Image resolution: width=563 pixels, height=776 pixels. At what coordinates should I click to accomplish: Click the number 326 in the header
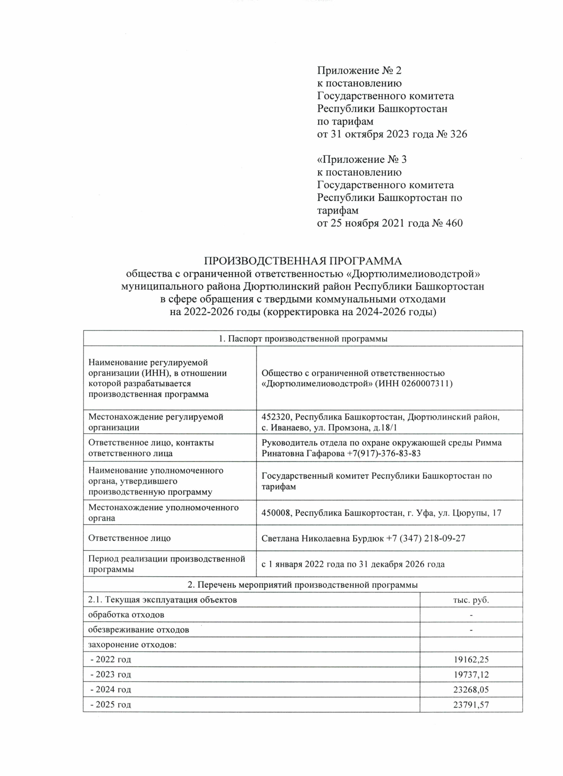[x=458, y=135]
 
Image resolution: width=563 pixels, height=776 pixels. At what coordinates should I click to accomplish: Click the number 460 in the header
[x=453, y=223]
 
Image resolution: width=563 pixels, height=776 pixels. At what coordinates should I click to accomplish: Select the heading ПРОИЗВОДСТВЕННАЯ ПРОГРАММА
[x=303, y=261]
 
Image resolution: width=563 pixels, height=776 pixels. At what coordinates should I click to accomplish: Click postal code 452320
[x=277, y=417]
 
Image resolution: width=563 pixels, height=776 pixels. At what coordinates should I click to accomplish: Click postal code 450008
[x=277, y=513]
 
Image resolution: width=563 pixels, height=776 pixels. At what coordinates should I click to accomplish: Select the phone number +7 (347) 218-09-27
[x=426, y=538]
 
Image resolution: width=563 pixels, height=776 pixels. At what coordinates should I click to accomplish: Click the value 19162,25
[x=471, y=660]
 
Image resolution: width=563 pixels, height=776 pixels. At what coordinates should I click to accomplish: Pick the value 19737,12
[x=471, y=675]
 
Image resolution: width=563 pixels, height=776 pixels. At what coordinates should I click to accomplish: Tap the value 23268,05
[x=471, y=690]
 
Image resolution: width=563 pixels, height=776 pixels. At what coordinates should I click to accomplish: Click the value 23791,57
[x=471, y=705]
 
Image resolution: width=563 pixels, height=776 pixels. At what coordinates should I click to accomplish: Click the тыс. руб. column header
[x=471, y=600]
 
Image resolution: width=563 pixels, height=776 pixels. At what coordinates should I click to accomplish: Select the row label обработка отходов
[x=126, y=615]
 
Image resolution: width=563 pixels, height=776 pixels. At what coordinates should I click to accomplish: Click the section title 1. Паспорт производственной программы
[x=303, y=339]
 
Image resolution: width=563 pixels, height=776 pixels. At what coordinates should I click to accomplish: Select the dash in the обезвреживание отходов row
[x=471, y=630]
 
